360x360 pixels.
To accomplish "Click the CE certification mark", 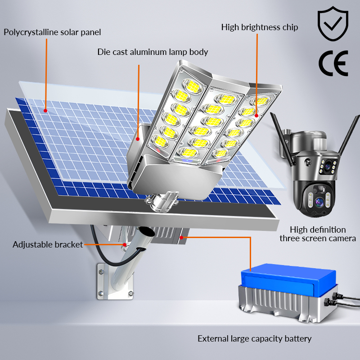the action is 333,63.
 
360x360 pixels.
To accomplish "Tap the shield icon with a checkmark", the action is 333,24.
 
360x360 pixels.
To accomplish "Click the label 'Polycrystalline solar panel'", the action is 52,32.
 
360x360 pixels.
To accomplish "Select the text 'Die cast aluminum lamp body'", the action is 153,52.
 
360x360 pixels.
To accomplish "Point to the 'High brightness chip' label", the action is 260,27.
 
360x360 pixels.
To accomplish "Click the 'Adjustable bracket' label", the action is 48,244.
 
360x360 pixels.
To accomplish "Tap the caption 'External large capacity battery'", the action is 255,339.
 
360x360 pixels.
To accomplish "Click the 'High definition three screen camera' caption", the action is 318,234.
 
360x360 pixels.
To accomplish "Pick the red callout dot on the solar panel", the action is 45,111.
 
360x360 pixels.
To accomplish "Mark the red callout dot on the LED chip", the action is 256,116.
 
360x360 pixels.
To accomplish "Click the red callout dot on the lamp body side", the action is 138,139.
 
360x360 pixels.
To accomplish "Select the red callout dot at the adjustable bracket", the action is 125,245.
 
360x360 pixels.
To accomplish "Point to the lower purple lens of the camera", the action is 319,202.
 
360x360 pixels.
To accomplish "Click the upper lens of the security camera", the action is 328,166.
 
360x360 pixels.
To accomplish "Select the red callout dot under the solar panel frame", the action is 181,238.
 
